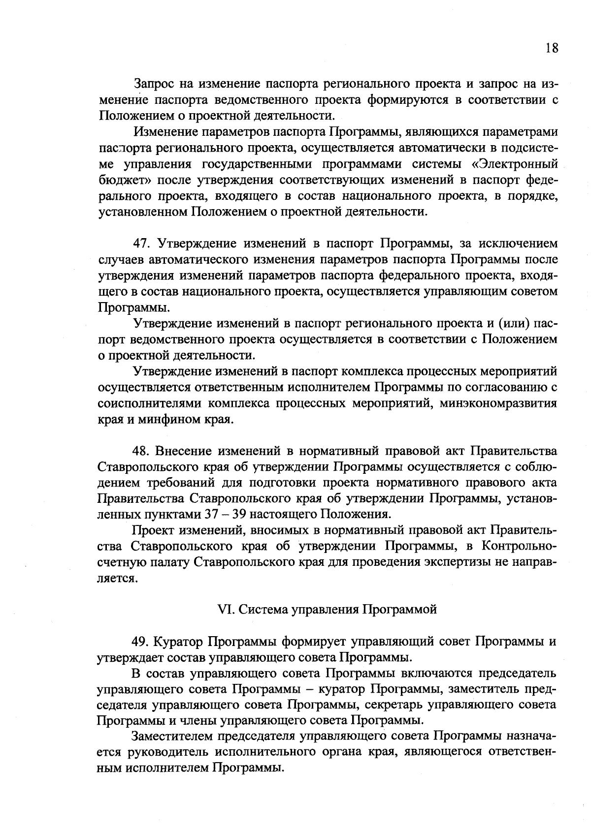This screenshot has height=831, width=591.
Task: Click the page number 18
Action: click(x=552, y=48)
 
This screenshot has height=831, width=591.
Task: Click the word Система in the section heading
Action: click(x=264, y=610)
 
